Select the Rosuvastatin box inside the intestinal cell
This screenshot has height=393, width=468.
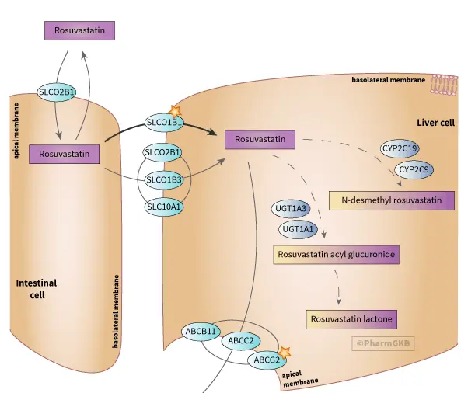tap(66, 154)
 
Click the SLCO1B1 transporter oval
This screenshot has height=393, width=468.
tap(165, 122)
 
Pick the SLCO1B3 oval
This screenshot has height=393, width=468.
tap(164, 180)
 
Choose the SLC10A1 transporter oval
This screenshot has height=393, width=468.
tap(164, 207)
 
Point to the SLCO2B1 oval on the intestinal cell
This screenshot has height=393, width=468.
tap(57, 93)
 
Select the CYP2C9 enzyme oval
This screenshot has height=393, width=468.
tap(416, 169)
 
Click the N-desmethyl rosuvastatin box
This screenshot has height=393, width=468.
tap(391, 200)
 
